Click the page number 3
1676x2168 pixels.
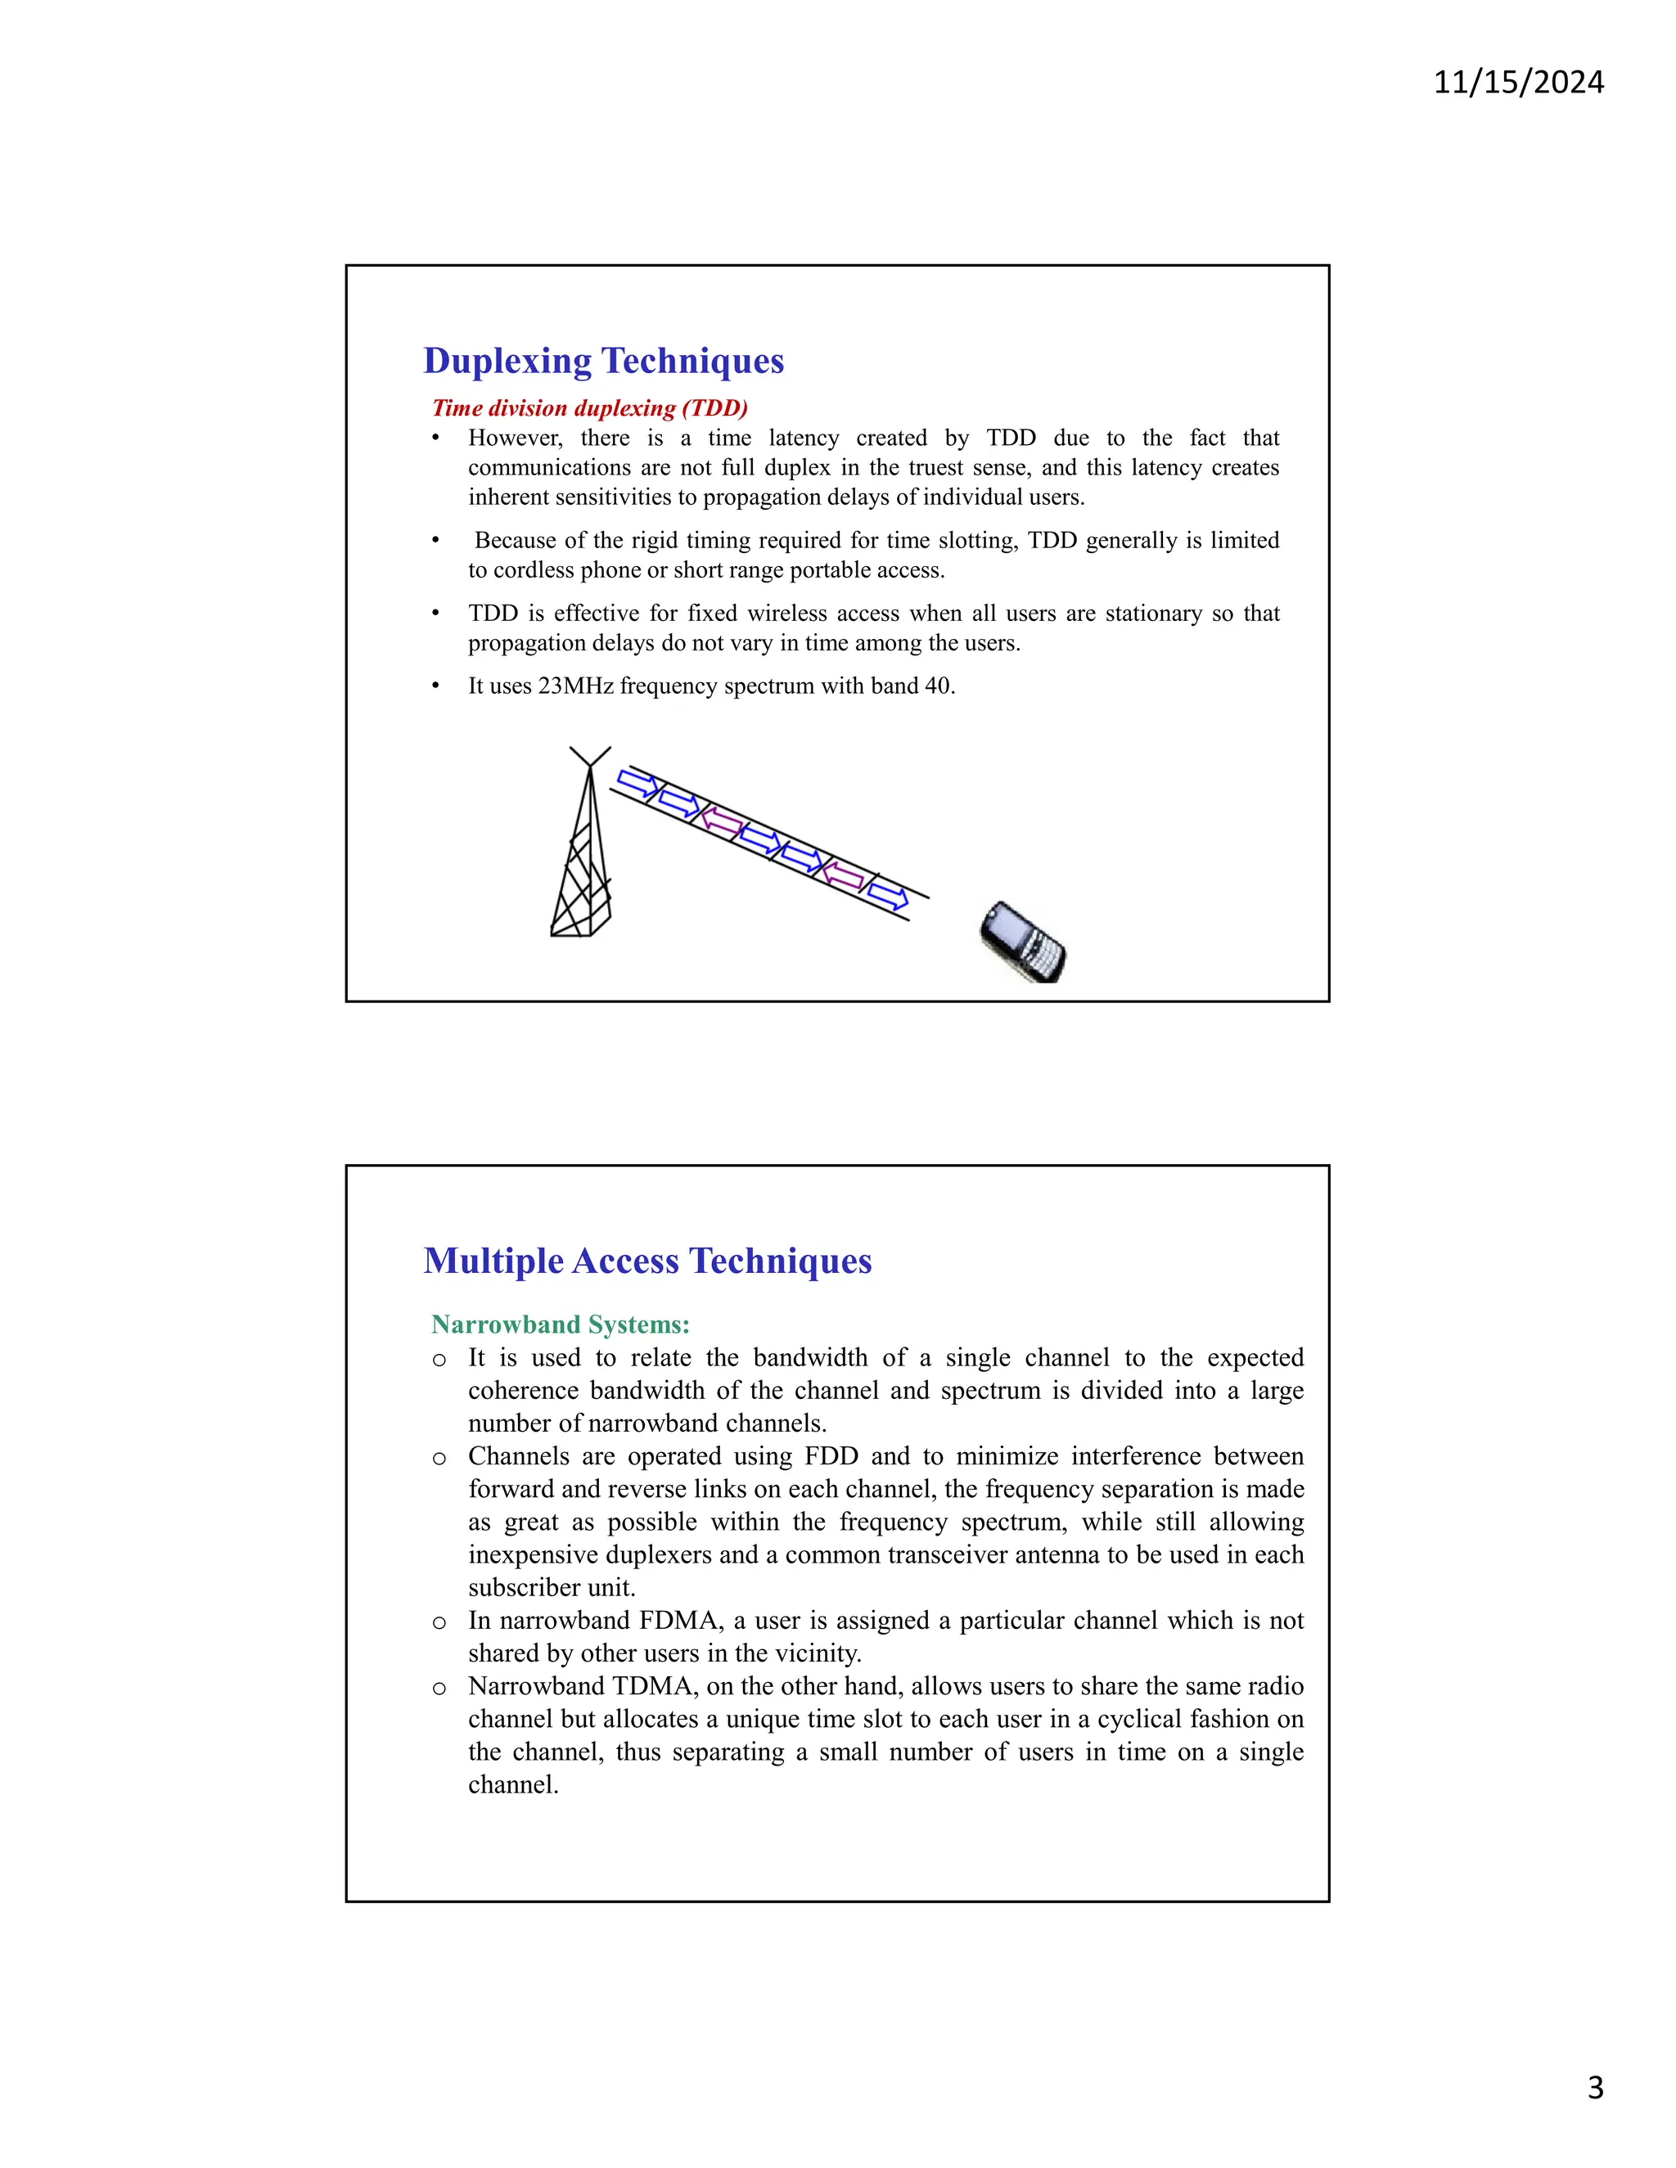tap(1595, 2088)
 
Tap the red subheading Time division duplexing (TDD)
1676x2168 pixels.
tap(590, 408)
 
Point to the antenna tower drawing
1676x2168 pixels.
tap(583, 864)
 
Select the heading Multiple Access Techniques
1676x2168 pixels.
tap(647, 1261)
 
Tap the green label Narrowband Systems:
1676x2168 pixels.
tap(560, 1325)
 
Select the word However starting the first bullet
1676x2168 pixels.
tap(514, 438)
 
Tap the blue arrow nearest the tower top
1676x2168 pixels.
tap(638, 783)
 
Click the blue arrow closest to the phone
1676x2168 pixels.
tap(888, 897)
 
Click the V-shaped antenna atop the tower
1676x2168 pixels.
tap(590, 757)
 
